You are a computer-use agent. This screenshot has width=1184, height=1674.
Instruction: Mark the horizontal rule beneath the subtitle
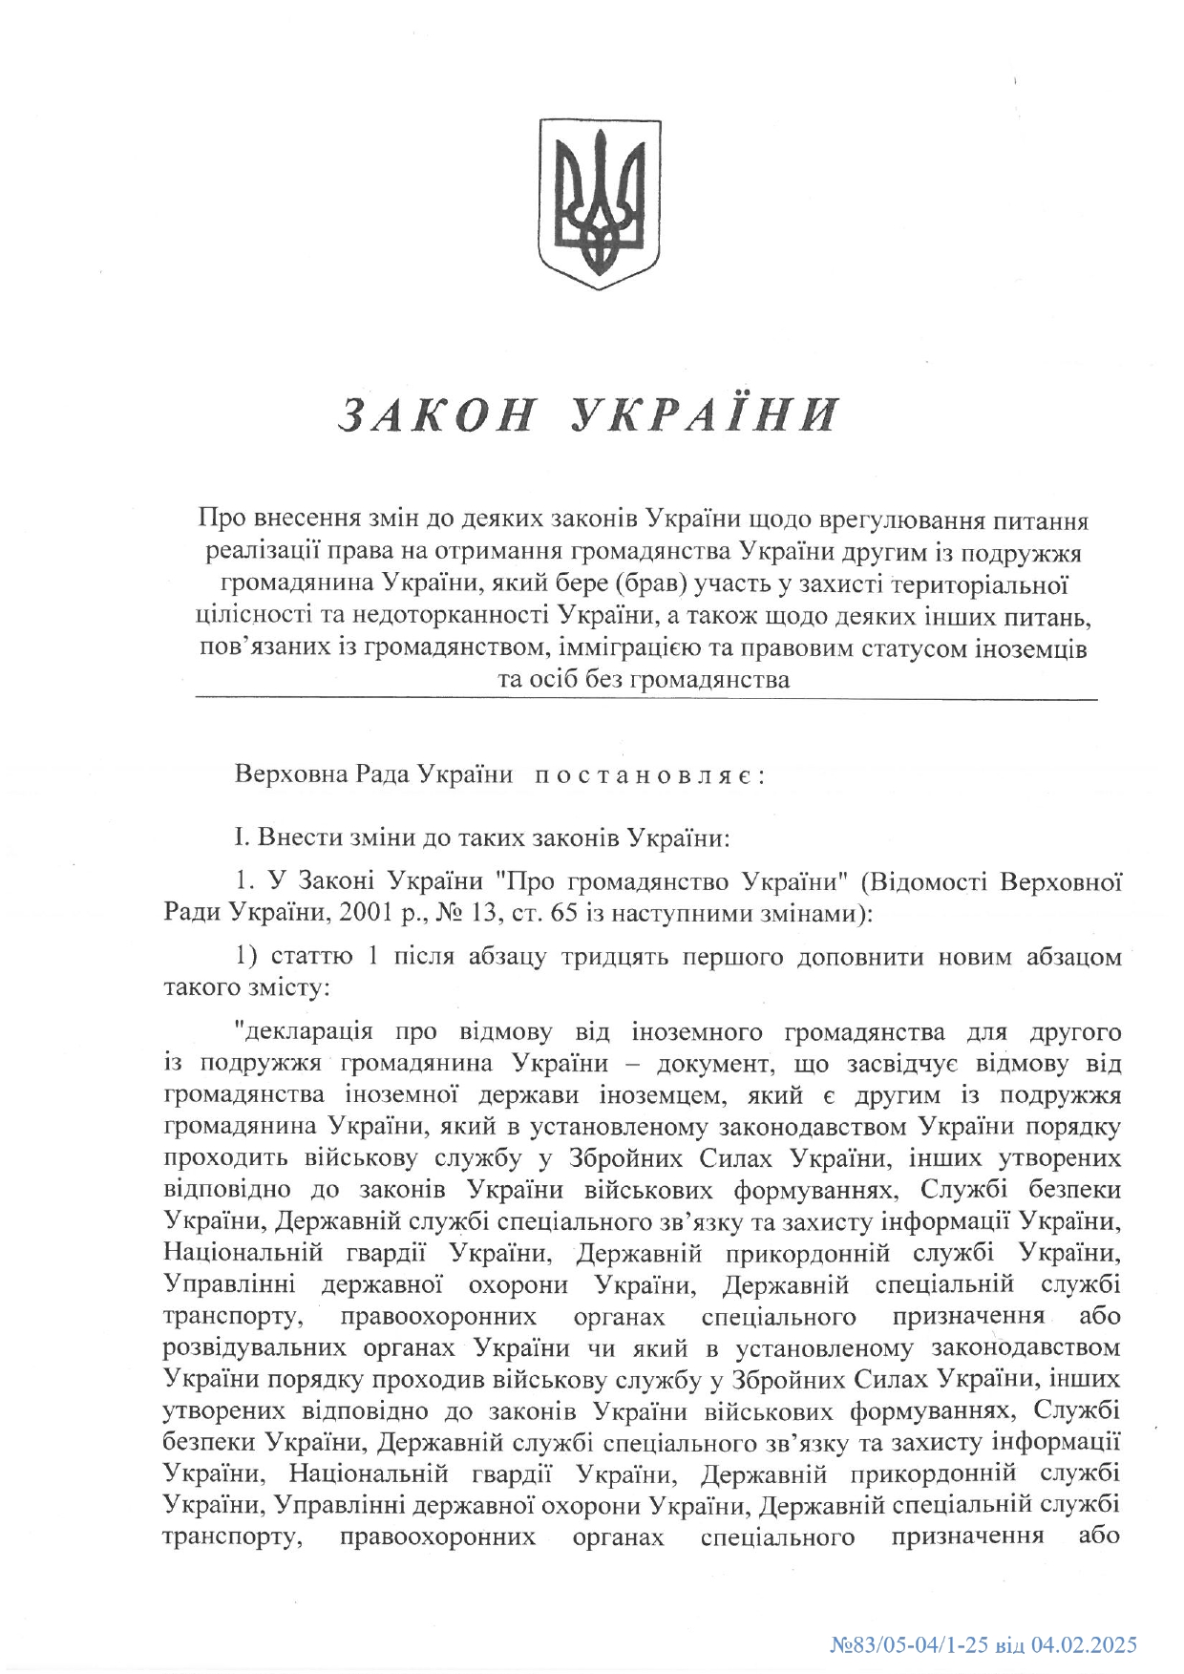(645, 700)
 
